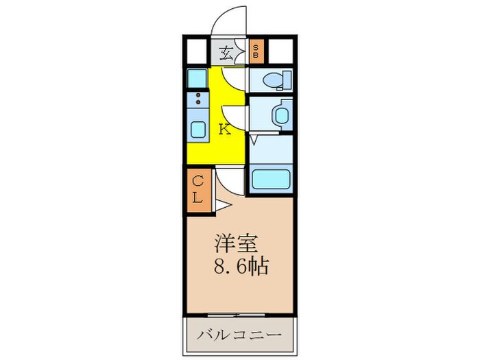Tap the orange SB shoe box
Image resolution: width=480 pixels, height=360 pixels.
pyautogui.click(x=256, y=50)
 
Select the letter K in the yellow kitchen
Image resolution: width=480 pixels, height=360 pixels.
pyautogui.click(x=224, y=128)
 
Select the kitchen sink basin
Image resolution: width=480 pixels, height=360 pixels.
pyautogui.click(x=197, y=128)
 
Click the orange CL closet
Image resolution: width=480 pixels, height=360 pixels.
pyautogui.click(x=197, y=189)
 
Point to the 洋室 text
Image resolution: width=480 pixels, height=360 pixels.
pyautogui.click(x=237, y=243)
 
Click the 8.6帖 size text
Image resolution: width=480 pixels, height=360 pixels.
pyautogui.click(x=239, y=265)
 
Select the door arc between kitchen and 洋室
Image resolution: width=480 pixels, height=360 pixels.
pyautogui.click(x=229, y=185)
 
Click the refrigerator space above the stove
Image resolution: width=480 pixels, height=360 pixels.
pyautogui.click(x=197, y=77)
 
